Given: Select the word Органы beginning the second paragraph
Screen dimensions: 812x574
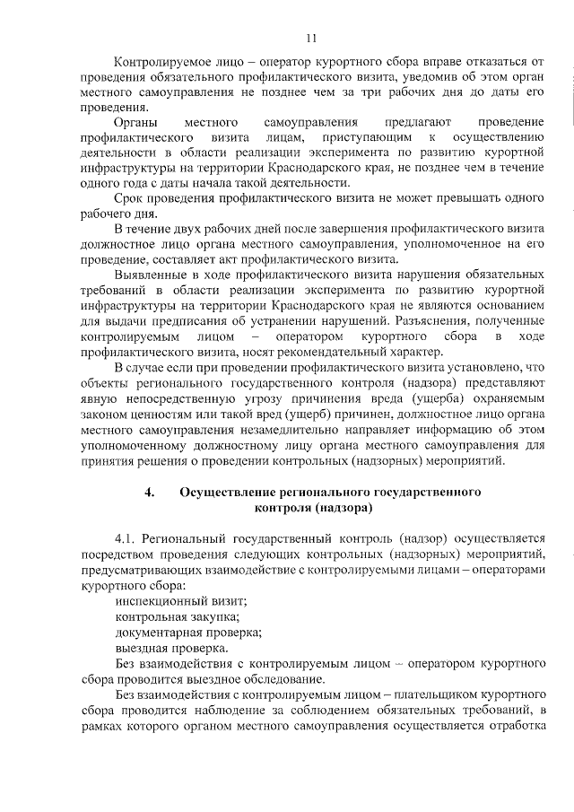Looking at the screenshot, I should coord(137,121).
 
